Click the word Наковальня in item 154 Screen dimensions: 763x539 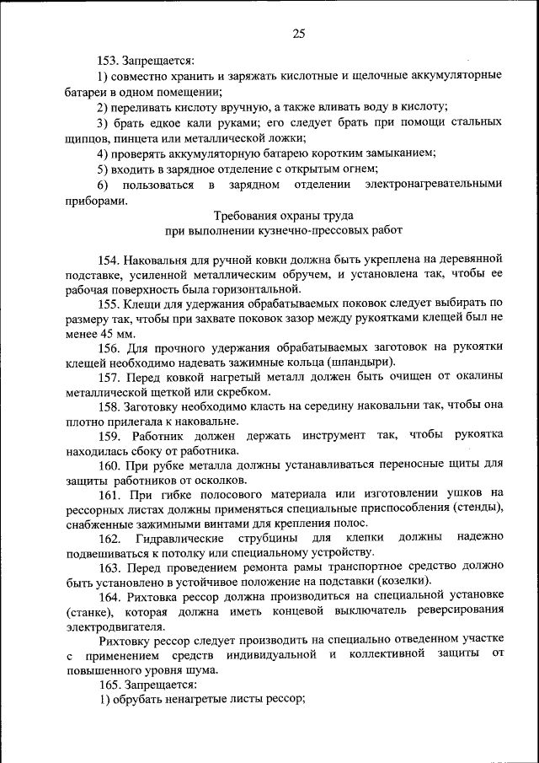tap(163, 257)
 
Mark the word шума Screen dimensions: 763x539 tap(200, 670)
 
